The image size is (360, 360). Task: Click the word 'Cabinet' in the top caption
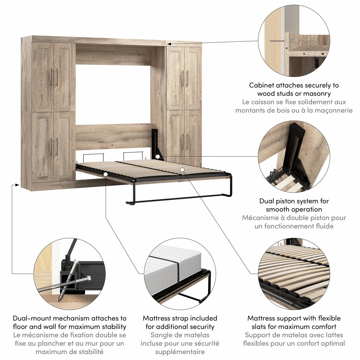point(261,85)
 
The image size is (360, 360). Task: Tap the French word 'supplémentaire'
point(180,352)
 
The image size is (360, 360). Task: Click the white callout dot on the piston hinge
point(157,157)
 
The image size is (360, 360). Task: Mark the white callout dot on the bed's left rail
point(105,174)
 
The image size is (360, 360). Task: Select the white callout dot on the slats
point(182,170)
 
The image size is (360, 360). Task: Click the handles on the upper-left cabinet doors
point(54,77)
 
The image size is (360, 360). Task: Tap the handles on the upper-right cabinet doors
point(185,78)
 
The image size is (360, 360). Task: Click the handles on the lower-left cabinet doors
point(54,147)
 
